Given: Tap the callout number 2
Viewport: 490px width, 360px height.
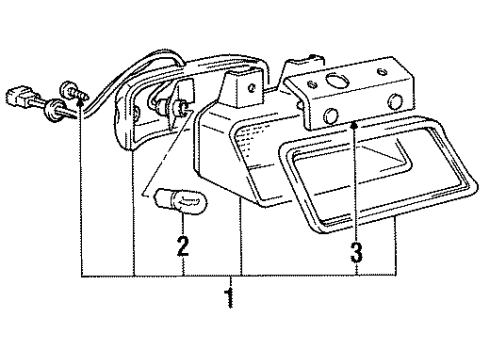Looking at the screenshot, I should point(183,244).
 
